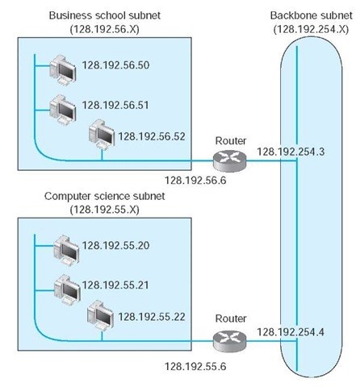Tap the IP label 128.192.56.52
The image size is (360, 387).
[x=152, y=136]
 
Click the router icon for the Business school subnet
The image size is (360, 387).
[x=229, y=159]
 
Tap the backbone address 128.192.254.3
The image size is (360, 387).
[x=291, y=150]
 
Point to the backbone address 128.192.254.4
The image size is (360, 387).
[x=291, y=331]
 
